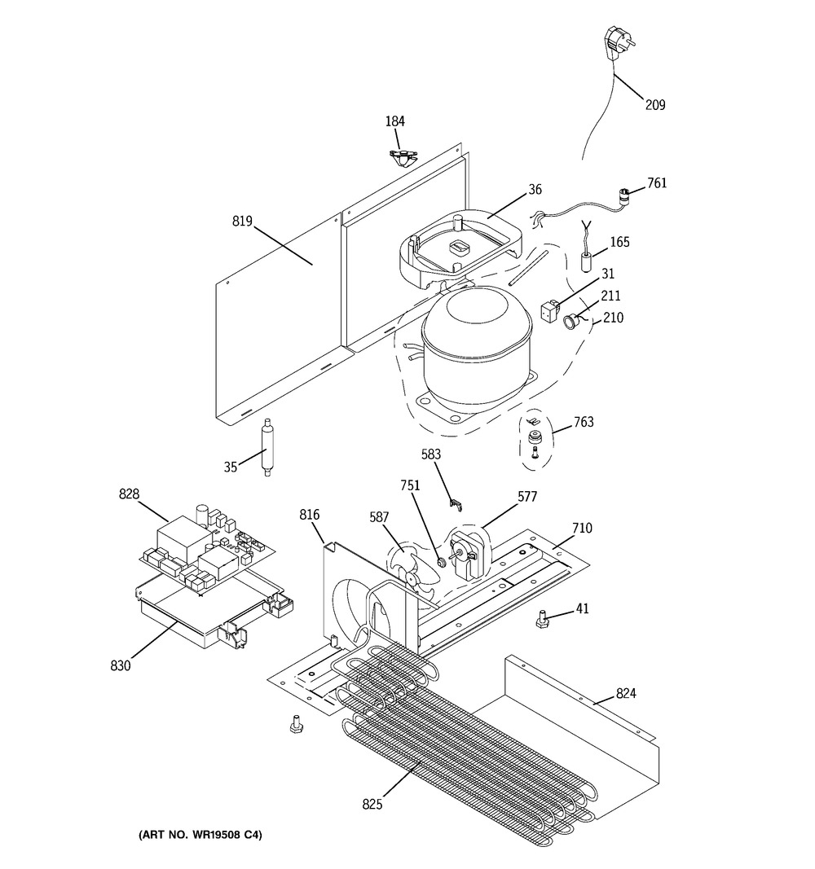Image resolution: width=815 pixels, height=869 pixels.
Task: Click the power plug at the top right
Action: (617, 42)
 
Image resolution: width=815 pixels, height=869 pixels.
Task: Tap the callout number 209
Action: (654, 104)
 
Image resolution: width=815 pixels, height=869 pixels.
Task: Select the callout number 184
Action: (394, 121)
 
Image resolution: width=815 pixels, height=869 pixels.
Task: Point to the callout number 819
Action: (242, 222)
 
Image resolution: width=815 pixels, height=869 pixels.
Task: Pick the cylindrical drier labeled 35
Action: (267, 448)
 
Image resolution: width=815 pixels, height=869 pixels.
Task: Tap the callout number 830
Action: (121, 665)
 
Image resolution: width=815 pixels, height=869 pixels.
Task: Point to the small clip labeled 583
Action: (456, 503)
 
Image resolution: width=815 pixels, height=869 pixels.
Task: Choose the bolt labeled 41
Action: (542, 620)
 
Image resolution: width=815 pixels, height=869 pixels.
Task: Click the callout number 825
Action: (372, 804)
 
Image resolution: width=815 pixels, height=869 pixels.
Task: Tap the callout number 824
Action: (626, 693)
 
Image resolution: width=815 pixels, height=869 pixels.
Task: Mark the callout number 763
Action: (584, 422)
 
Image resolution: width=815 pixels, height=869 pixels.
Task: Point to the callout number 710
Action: (582, 528)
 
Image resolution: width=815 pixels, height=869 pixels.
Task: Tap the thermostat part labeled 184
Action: (403, 159)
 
